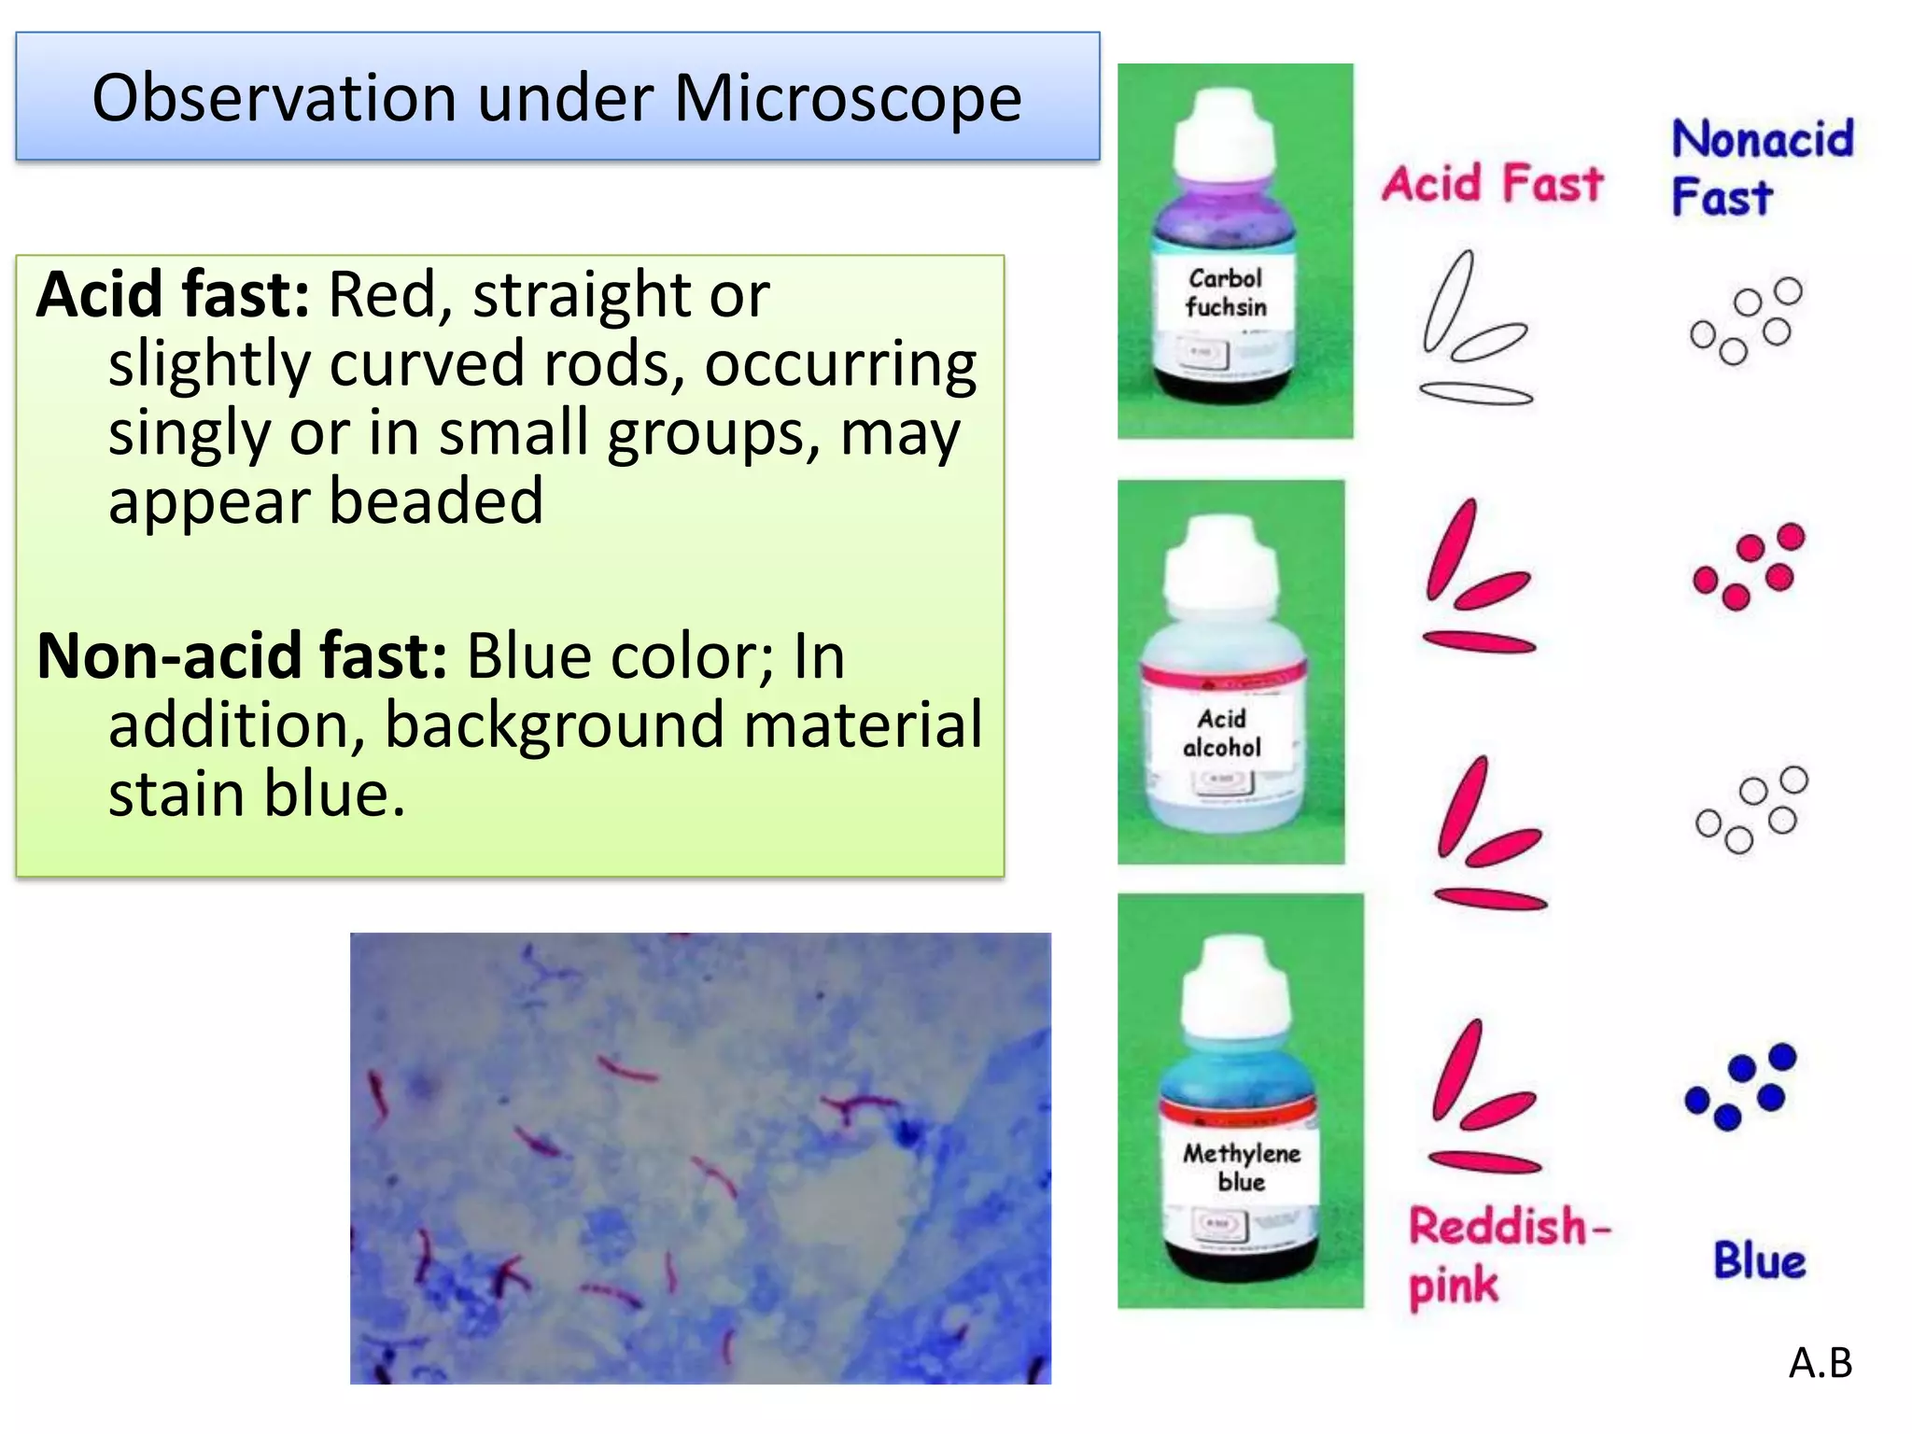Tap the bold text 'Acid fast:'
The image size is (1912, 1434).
pyautogui.click(x=173, y=295)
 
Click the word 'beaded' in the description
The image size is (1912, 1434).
pyautogui.click(x=435, y=502)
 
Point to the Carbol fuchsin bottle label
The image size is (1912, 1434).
pyautogui.click(x=1226, y=293)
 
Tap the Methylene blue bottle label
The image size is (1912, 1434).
pyautogui.click(x=1241, y=1168)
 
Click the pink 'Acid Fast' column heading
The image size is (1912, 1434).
pyautogui.click(x=1492, y=183)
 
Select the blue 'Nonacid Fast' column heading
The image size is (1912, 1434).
pyautogui.click(x=1760, y=168)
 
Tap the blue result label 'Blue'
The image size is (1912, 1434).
pyautogui.click(x=1759, y=1261)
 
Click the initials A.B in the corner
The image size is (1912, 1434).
pyautogui.click(x=1820, y=1364)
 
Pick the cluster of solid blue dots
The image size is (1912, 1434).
pyautogui.click(x=1742, y=1086)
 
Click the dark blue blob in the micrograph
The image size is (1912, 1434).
pyautogui.click(x=905, y=1134)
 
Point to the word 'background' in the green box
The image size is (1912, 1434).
pyautogui.click(x=554, y=725)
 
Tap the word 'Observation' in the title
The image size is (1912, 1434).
pyautogui.click(x=274, y=99)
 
